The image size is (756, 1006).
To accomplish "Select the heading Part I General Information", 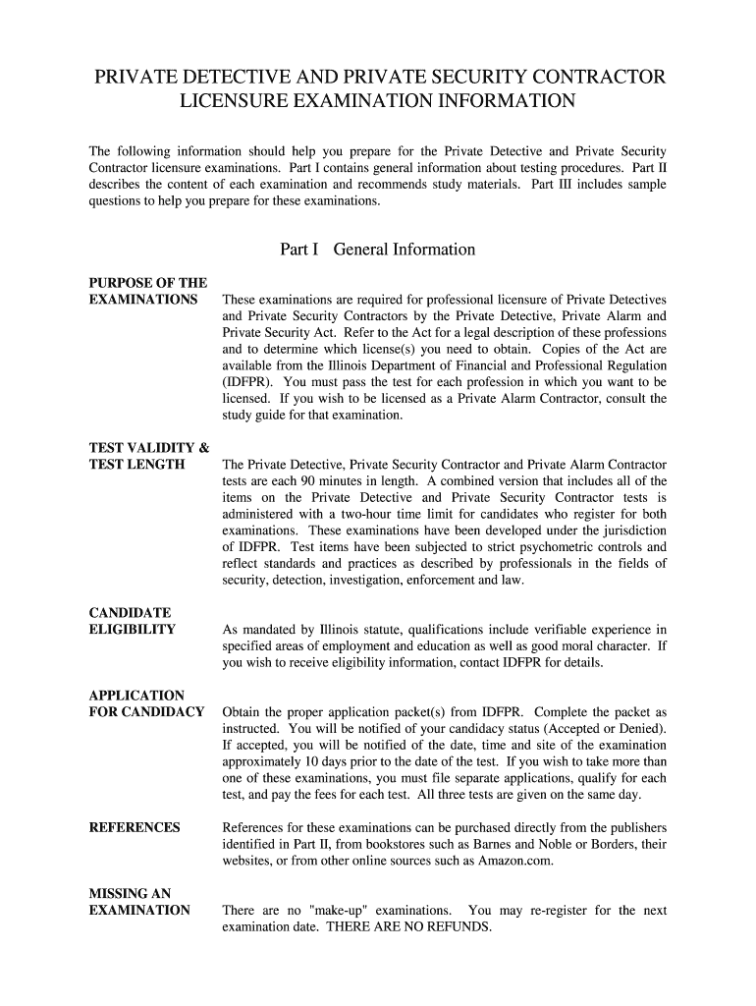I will click(x=378, y=250).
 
